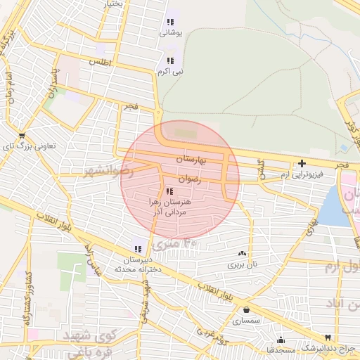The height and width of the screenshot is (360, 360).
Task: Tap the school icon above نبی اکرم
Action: coord(171,60)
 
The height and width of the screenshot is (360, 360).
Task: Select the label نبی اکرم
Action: coord(173,71)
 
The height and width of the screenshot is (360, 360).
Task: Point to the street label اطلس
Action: coord(101,62)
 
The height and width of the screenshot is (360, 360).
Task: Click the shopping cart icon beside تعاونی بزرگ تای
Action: coord(22,136)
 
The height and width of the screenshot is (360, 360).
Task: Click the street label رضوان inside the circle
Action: coord(189,179)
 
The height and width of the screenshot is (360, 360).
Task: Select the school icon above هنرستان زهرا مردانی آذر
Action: coord(168,191)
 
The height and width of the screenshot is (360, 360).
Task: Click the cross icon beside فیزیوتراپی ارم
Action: coord(302,163)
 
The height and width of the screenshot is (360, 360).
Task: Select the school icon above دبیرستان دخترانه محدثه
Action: coord(137,247)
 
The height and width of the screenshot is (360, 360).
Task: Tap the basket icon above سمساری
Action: coord(246,309)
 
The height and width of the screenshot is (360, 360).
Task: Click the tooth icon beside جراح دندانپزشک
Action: coord(328,337)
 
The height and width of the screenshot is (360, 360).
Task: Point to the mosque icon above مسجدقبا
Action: coord(281,340)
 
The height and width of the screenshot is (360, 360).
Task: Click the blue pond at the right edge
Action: coord(336,208)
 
